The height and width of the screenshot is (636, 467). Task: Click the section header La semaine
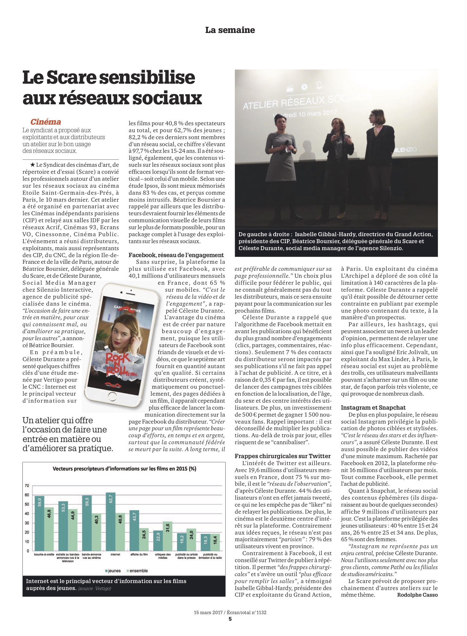coord(230,30)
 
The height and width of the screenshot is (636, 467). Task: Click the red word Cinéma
coord(46,122)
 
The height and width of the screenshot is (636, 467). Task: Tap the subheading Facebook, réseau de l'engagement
coord(176,255)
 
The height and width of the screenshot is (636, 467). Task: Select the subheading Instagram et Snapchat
coord(373,407)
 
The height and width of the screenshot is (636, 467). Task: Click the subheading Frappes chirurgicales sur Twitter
coord(283,456)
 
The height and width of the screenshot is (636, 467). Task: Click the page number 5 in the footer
coord(230,619)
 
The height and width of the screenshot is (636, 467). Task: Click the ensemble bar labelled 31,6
coord(168,536)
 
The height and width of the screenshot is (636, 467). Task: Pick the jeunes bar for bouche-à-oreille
coord(39,523)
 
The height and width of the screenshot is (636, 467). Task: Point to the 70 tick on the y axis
coord(27,486)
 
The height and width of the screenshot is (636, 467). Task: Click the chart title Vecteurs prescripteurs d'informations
coord(124,469)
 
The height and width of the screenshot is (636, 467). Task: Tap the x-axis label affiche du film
coord(139,555)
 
